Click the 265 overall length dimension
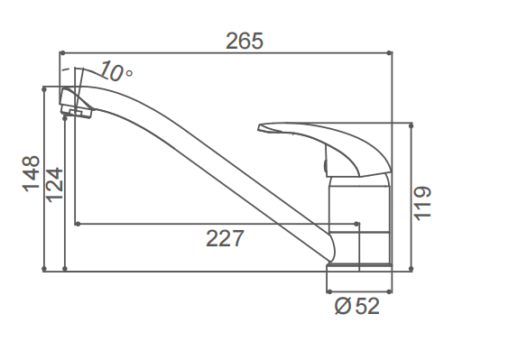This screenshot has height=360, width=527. (x=245, y=41)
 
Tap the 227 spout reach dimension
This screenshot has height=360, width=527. (x=225, y=238)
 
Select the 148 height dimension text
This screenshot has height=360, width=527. (x=31, y=174)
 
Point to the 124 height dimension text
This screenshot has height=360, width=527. (x=54, y=185)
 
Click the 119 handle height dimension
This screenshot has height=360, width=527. (x=422, y=203)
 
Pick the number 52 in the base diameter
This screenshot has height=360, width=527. (x=367, y=306)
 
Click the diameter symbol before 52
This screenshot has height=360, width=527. (x=343, y=306)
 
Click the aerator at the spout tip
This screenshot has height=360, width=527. (x=77, y=112)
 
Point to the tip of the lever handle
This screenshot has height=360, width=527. (x=259, y=128)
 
